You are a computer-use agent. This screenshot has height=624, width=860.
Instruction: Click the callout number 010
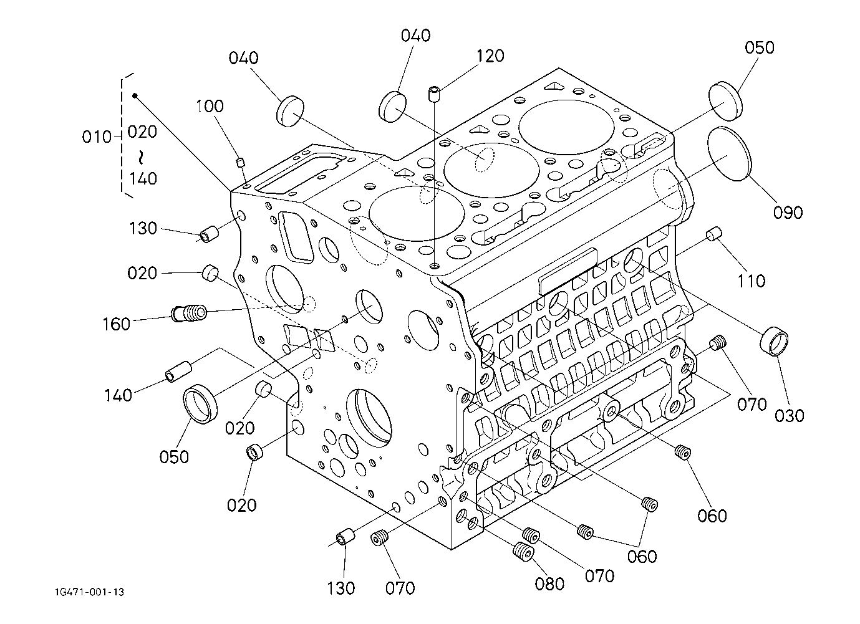pyautogui.click(x=97, y=137)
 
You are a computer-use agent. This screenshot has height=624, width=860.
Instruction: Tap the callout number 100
pyautogui.click(x=210, y=106)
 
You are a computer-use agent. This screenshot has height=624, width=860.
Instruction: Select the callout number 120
pyautogui.click(x=490, y=56)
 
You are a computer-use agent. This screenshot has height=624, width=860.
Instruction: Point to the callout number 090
pyautogui.click(x=788, y=213)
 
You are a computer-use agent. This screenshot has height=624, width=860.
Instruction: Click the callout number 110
pyautogui.click(x=751, y=281)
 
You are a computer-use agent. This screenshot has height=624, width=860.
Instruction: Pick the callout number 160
pyautogui.click(x=116, y=324)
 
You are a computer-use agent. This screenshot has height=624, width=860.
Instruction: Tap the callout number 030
pyautogui.click(x=790, y=416)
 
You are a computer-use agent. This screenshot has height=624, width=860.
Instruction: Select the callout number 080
pyautogui.click(x=549, y=584)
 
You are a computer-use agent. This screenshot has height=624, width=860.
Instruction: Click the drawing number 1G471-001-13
pyautogui.click(x=89, y=592)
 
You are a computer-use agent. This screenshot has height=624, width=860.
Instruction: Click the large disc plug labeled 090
pyautogui.click(x=729, y=153)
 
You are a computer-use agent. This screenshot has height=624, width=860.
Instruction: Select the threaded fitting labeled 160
pyautogui.click(x=188, y=313)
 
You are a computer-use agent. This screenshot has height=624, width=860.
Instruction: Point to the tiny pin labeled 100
pyautogui.click(x=241, y=162)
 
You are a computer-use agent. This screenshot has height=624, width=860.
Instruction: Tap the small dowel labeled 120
pyautogui.click(x=435, y=94)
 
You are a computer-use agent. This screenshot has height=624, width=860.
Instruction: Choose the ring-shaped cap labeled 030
pyautogui.click(x=774, y=341)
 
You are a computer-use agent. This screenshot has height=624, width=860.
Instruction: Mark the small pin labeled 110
pyautogui.click(x=714, y=233)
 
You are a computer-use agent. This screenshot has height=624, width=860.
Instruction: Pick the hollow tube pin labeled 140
pyautogui.click(x=178, y=372)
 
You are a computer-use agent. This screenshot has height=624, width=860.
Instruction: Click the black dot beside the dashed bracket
pyautogui.click(x=135, y=95)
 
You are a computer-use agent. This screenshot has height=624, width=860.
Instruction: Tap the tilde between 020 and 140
pyautogui.click(x=142, y=156)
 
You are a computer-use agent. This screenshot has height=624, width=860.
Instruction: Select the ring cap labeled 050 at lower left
pyautogui.click(x=200, y=403)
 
